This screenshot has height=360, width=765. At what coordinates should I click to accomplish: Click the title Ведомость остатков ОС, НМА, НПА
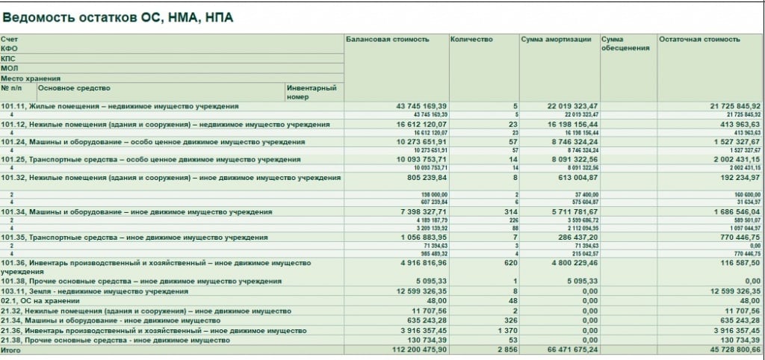[x=118, y=16]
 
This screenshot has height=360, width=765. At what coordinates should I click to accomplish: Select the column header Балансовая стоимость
[x=387, y=40]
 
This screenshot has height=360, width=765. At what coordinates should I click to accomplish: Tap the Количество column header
[x=471, y=40]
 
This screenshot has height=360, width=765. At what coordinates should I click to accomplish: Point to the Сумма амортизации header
[x=556, y=40]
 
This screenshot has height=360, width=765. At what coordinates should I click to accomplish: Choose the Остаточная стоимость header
[x=699, y=40]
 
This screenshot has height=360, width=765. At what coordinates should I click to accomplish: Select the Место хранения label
[x=31, y=78]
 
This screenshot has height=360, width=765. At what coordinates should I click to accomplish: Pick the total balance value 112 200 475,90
[x=415, y=350]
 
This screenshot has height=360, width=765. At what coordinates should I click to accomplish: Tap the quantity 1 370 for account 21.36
[x=506, y=330]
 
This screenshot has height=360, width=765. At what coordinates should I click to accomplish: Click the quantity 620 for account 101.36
[x=510, y=263]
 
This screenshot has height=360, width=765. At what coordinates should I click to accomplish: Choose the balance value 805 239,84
[x=424, y=178]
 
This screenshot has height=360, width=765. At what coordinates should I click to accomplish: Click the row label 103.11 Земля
[x=94, y=291]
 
